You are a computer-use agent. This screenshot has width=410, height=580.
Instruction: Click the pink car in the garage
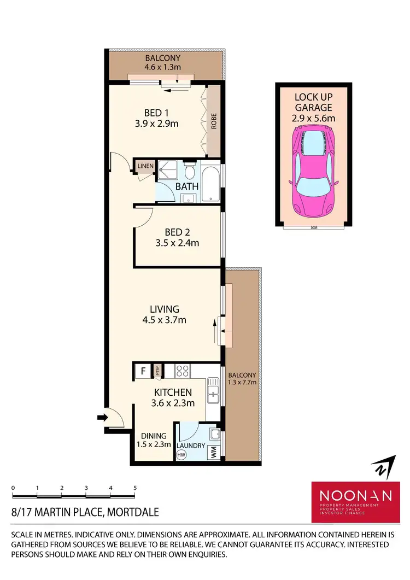point(314,170)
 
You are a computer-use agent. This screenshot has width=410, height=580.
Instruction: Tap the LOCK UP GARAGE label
point(314,108)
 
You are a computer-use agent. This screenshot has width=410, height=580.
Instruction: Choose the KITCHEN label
point(173,392)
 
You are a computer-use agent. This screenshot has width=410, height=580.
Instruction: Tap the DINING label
point(154,436)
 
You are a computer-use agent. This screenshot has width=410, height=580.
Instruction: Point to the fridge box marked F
point(143,372)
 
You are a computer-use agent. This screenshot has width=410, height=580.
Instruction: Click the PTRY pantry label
point(157,372)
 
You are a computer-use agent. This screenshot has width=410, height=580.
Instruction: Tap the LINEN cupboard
point(145,166)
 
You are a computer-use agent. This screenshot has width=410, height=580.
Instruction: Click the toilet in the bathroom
point(189,172)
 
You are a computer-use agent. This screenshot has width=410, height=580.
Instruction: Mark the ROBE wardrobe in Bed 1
point(213,121)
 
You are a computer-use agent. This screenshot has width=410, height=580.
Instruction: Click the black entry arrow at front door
point(101,418)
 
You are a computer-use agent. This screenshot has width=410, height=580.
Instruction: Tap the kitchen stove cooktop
point(182,371)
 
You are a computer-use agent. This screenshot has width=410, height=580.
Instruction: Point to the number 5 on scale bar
point(134,488)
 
